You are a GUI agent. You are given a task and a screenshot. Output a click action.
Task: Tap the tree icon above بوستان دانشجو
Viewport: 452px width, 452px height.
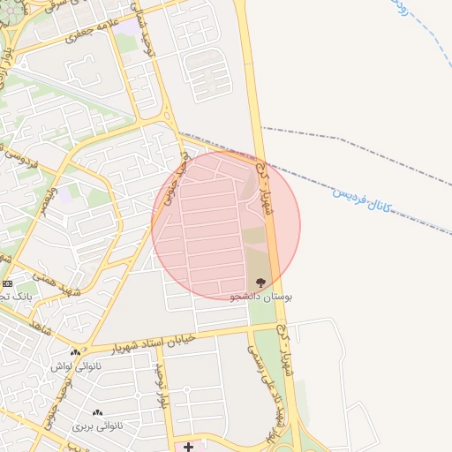pos(260,282)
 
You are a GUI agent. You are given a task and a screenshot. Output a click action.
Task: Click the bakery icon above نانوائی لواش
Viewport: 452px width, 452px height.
pos(76,352)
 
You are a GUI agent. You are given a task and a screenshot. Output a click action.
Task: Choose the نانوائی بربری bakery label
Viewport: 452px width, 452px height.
pos(96,426)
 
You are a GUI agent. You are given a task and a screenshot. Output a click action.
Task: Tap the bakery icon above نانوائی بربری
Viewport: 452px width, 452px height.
pos(97,412)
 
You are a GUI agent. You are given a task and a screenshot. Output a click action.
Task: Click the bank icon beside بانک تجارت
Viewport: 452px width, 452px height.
pos(8,283)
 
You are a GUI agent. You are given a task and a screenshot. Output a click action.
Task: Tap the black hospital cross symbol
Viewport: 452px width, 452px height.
pos(188,447)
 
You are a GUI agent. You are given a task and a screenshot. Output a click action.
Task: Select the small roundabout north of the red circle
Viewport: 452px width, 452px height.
pos(167,117)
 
